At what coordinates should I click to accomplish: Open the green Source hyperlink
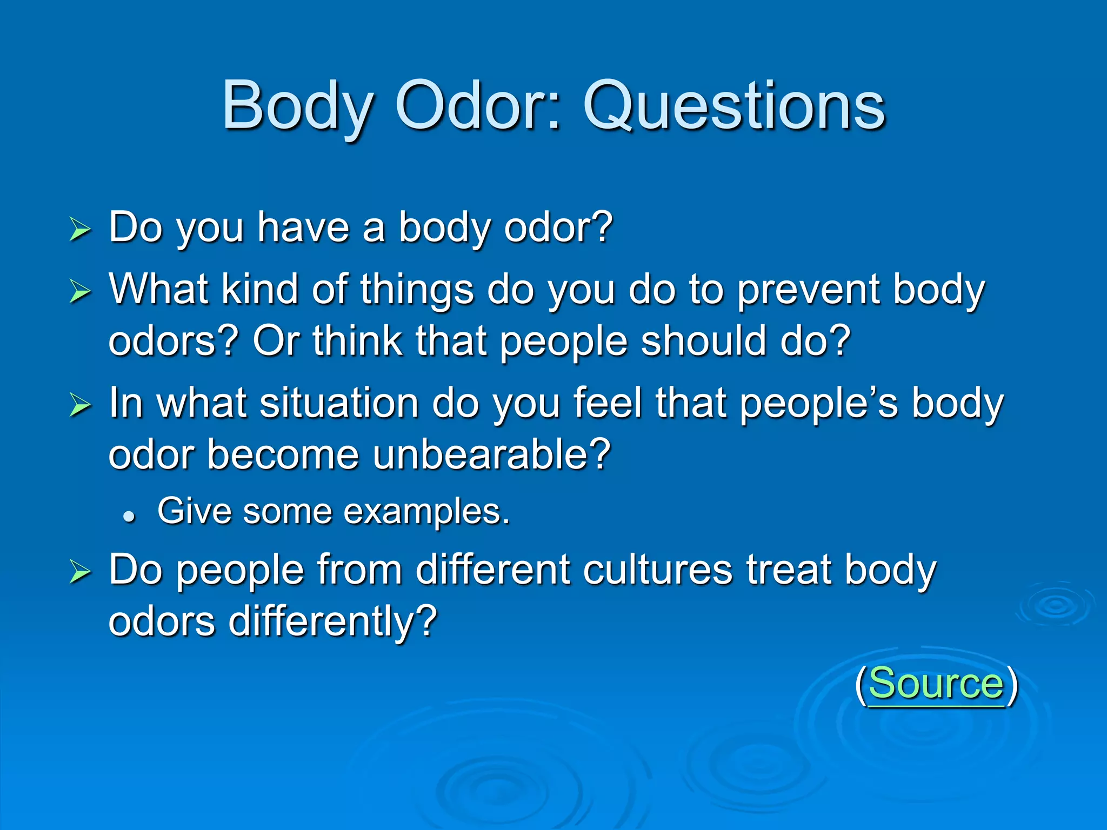tap(936, 684)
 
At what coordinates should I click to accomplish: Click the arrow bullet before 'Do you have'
tap(80, 230)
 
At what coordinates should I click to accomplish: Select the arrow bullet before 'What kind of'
tap(80, 292)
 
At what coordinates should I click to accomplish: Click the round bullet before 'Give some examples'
tap(129, 517)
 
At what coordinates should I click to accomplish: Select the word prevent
tap(808, 290)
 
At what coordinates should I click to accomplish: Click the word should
tap(703, 342)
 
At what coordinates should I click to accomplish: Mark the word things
tap(417, 290)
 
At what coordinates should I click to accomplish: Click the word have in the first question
tap(303, 228)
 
